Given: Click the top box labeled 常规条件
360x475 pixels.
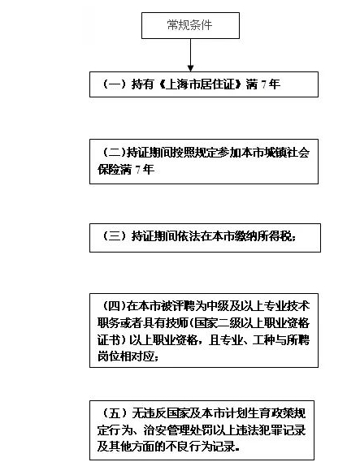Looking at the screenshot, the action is [x=190, y=25].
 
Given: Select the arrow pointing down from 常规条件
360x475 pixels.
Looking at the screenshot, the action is [x=190, y=55].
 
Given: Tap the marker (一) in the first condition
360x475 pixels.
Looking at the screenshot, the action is [x=114, y=84].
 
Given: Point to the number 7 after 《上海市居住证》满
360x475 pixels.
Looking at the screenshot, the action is [x=264, y=84].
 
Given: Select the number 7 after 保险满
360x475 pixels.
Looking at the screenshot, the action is [x=138, y=170].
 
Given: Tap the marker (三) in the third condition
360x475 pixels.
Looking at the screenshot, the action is [x=114, y=235].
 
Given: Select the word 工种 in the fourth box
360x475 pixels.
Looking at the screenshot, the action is [x=264, y=340].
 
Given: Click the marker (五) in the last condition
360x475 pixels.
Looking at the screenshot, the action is [x=114, y=413].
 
